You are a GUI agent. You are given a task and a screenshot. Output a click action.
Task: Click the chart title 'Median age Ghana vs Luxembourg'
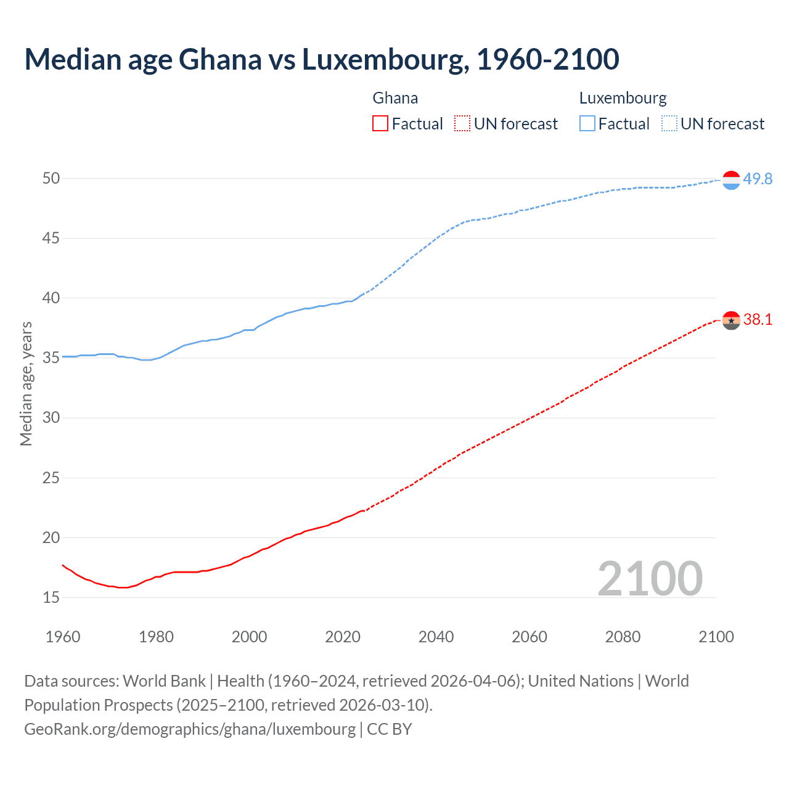tap(321, 59)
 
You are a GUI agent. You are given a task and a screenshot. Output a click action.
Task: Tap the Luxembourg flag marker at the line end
tap(731, 180)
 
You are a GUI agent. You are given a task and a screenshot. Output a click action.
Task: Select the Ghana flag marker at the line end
tap(731, 321)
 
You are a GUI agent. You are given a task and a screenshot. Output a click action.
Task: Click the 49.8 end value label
tap(758, 179)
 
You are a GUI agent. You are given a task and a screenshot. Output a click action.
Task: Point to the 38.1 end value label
tap(758, 319)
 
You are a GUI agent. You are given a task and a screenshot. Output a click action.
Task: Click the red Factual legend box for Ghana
tap(380, 124)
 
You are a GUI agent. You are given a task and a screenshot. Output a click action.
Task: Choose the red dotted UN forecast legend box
tap(462, 124)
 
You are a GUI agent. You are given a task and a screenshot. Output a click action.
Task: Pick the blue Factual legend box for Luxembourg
tap(587, 124)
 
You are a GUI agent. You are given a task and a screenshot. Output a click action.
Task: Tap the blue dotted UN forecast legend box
tap(669, 124)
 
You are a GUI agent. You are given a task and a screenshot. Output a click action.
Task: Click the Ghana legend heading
tap(395, 98)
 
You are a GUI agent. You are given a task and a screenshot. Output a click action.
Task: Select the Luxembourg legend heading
tap(623, 98)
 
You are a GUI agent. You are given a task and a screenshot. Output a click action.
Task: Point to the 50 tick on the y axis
tap(51, 179)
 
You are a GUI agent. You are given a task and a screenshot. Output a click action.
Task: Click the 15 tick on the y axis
tap(51, 597)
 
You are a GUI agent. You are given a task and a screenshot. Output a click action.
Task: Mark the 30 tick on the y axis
tap(51, 418)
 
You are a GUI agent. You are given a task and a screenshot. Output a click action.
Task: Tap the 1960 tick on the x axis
tap(63, 637)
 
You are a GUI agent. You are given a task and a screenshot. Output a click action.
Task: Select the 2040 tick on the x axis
tap(436, 637)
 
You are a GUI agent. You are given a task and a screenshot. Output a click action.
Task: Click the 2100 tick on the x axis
tap(716, 637)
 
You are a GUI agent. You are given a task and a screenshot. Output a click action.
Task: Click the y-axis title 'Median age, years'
tap(26, 383)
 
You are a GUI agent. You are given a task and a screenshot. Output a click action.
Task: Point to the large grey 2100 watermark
tap(650, 578)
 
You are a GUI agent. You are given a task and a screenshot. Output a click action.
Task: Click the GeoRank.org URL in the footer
tap(190, 729)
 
